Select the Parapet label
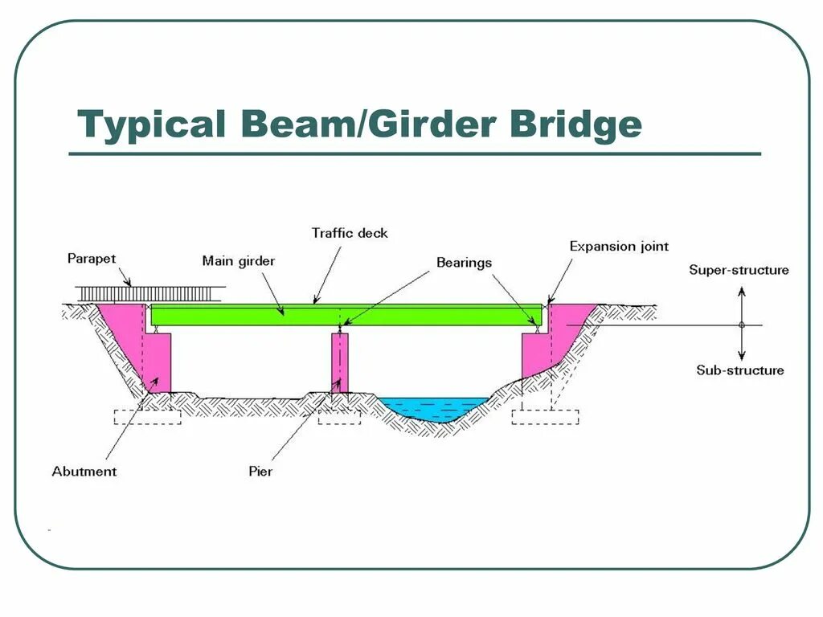(x=92, y=259)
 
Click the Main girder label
(x=238, y=260)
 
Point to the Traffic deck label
(x=350, y=233)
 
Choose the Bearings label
(x=464, y=263)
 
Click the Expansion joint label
(x=619, y=247)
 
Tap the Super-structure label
(x=739, y=270)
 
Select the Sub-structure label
(x=739, y=370)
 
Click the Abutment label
(x=84, y=472)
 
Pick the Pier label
(x=260, y=472)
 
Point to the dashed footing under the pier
(x=338, y=417)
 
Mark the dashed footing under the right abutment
(x=545, y=417)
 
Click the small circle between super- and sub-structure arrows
(x=742, y=325)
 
